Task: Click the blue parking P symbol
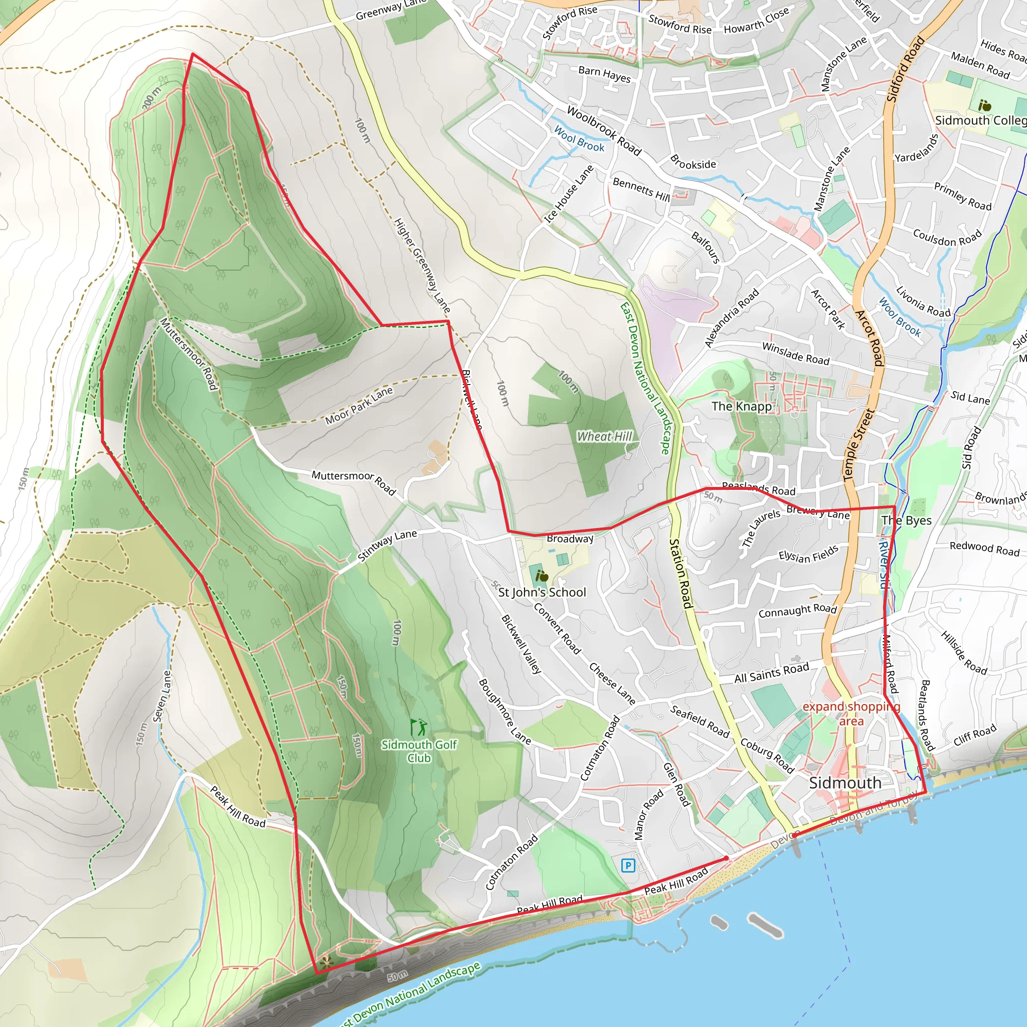628,866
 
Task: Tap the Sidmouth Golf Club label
419,751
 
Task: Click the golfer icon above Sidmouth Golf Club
418,727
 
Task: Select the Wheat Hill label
604,436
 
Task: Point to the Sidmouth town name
844,782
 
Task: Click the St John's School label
542,592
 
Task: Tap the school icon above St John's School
541,576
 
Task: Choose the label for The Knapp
741,406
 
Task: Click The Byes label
906,521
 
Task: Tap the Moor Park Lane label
359,406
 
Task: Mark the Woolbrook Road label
604,130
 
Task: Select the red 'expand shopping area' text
851,714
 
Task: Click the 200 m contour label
151,99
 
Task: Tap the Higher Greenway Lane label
422,265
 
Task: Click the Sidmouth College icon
984,105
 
